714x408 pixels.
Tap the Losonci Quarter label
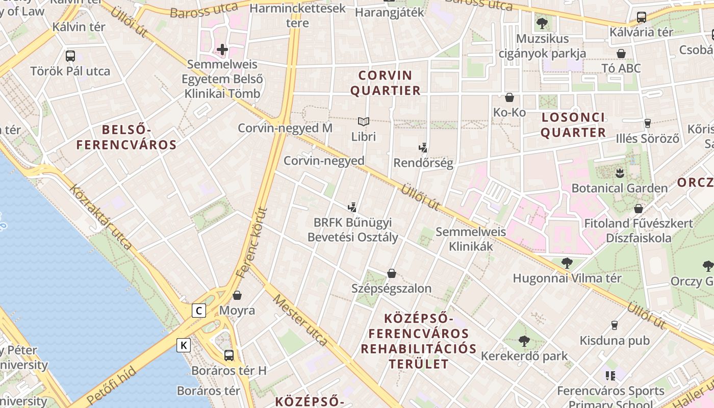point(573,125)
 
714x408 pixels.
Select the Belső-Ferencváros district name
point(126,137)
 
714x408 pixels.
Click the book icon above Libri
point(363,122)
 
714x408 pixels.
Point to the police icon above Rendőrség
point(423,148)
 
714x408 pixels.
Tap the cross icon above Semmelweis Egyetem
point(222,49)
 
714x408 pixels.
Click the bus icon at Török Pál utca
point(70,56)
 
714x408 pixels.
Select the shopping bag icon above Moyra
point(237,295)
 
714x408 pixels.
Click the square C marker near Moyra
point(199,310)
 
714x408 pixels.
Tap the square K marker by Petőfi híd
point(184,345)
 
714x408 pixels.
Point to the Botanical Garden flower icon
point(620,172)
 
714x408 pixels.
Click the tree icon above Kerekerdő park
point(524,341)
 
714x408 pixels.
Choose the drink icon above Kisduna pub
point(615,325)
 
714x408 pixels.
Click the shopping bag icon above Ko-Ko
point(509,97)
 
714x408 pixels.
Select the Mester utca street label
point(300,320)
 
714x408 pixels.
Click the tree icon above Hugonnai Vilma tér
point(567,263)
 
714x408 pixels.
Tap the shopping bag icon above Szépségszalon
point(392,273)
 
